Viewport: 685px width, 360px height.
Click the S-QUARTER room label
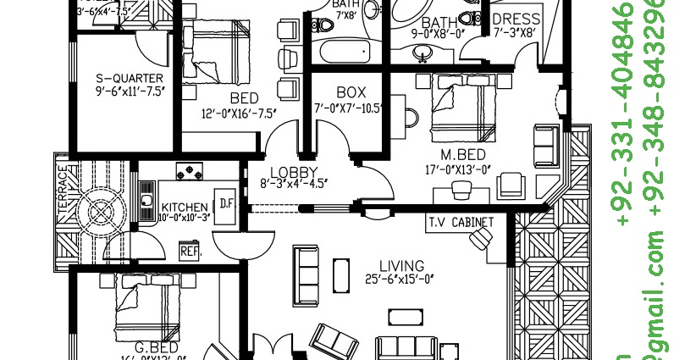tap(129, 78)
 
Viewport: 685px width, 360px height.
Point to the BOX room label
tap(350, 91)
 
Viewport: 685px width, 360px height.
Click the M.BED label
tap(462, 155)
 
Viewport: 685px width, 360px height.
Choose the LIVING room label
tap(395, 263)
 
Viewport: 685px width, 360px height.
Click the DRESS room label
tap(517, 19)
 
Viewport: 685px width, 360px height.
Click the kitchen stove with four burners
tap(193, 170)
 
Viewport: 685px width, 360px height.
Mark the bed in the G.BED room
tap(150, 305)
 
